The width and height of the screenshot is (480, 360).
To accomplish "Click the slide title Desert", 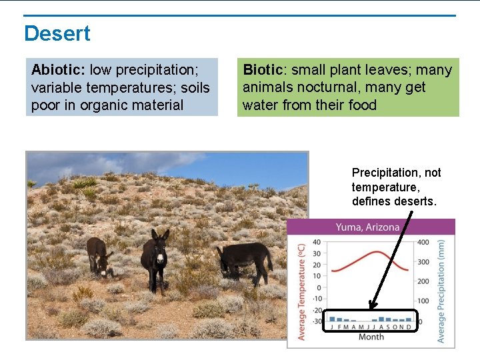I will point(57,33).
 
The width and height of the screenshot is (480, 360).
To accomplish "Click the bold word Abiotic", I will point(57,70).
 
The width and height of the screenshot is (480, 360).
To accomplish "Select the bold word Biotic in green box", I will point(263,70).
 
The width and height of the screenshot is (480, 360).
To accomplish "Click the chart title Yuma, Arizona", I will point(367,227).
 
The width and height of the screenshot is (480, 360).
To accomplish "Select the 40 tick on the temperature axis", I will point(317,243).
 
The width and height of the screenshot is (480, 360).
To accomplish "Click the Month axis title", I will point(371,337).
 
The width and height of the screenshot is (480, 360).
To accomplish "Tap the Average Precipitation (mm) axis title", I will point(441,291).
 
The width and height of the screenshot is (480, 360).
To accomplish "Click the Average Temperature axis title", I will point(301,291).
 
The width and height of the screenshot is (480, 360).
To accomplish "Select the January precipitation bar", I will point(332,319).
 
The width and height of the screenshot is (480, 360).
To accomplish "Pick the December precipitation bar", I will point(409,319).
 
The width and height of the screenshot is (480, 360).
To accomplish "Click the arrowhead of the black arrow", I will point(371,307).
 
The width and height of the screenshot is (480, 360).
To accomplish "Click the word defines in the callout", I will point(373,202).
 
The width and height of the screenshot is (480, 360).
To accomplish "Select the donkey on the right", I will point(245,260).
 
